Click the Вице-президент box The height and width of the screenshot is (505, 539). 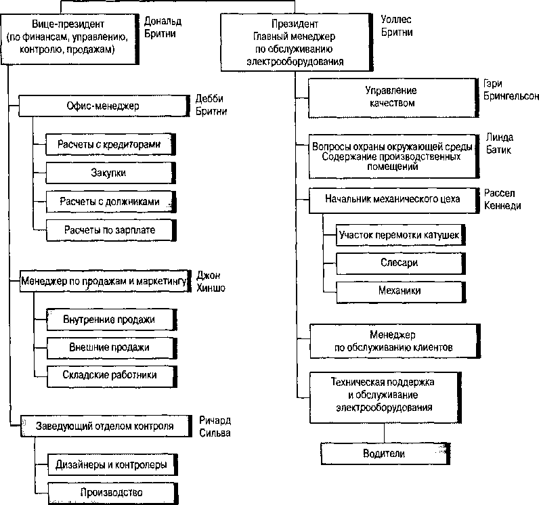click(70, 39)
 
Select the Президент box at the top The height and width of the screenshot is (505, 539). click(297, 42)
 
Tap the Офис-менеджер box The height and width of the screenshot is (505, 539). click(104, 106)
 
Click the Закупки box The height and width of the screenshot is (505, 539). click(110, 173)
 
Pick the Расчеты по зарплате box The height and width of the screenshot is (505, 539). click(111, 230)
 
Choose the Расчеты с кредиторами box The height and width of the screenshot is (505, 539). click(110, 144)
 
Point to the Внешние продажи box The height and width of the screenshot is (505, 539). click(112, 348)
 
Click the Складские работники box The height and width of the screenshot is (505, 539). click(112, 376)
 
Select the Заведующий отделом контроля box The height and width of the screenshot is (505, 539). click(106, 426)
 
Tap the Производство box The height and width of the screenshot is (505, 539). click(113, 493)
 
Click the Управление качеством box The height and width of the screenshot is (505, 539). click(393, 98)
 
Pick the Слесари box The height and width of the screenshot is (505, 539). click(401, 263)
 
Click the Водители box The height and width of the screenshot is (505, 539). click(385, 454)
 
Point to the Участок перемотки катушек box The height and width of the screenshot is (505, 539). click(400, 235)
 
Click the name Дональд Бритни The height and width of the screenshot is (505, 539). click(163, 28)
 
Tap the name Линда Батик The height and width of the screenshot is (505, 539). click(499, 144)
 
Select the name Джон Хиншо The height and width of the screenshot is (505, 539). click(211, 282)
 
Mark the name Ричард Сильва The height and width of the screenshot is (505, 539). click(215, 426)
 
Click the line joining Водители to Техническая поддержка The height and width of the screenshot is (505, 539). click(385, 433)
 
